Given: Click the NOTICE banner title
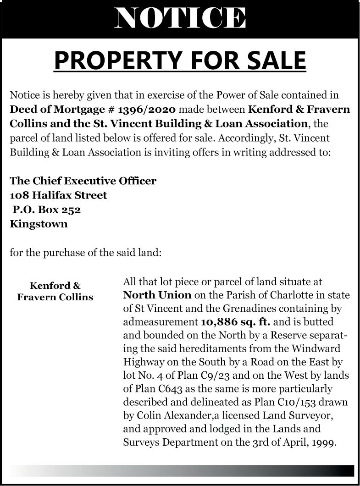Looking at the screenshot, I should (180, 18).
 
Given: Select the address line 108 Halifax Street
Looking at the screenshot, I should (58, 195).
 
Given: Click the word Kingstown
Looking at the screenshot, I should (39, 224).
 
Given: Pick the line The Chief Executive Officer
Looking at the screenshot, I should (83, 181).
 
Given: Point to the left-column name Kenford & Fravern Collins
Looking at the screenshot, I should (55, 291).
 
